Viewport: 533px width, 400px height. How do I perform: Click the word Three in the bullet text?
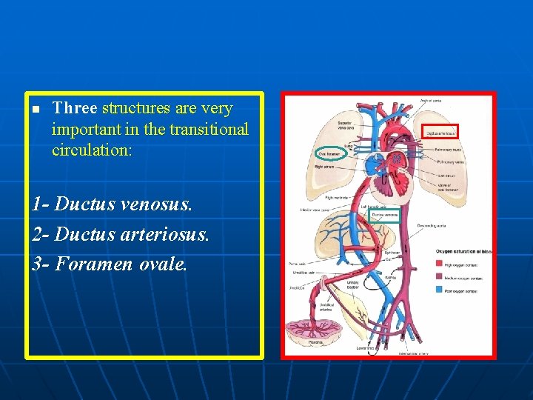75,108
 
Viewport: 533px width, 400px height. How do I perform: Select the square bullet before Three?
34,110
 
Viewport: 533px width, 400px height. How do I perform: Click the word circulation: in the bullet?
92,150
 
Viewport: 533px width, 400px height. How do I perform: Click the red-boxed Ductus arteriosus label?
441,133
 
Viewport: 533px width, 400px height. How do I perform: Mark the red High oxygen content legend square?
440,263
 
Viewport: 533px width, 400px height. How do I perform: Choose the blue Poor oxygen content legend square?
440,291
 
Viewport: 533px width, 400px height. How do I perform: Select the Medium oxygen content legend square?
440,278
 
